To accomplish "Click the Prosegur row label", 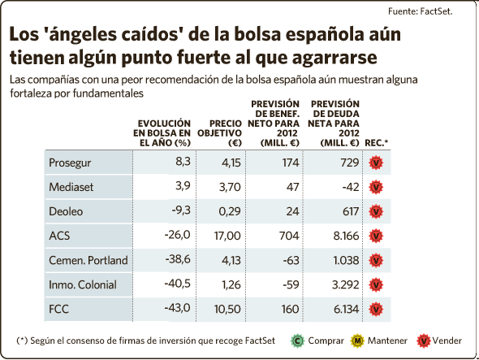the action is (x=70, y=163).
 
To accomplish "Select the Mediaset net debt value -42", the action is (x=351, y=187).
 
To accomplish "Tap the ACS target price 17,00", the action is (x=227, y=236).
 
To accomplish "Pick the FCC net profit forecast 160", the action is (x=290, y=309).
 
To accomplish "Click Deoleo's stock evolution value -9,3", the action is (x=181, y=210).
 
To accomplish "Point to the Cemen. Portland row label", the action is (x=88, y=260).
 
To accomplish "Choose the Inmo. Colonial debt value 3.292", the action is (x=346, y=284).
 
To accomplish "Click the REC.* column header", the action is (x=377, y=143).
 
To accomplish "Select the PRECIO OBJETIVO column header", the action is (x=220, y=133).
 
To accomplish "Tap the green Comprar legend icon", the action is (x=297, y=340).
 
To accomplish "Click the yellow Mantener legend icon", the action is (x=357, y=340).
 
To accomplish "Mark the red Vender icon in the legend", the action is (x=424, y=340).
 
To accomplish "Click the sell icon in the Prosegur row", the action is (x=376, y=163).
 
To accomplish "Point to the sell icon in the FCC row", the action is (x=376, y=310).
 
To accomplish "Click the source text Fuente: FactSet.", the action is (x=420, y=11).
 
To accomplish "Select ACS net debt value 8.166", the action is (x=346, y=236).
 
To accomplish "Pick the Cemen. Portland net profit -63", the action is (x=291, y=260).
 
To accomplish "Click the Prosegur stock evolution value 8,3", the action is (x=183, y=161).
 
